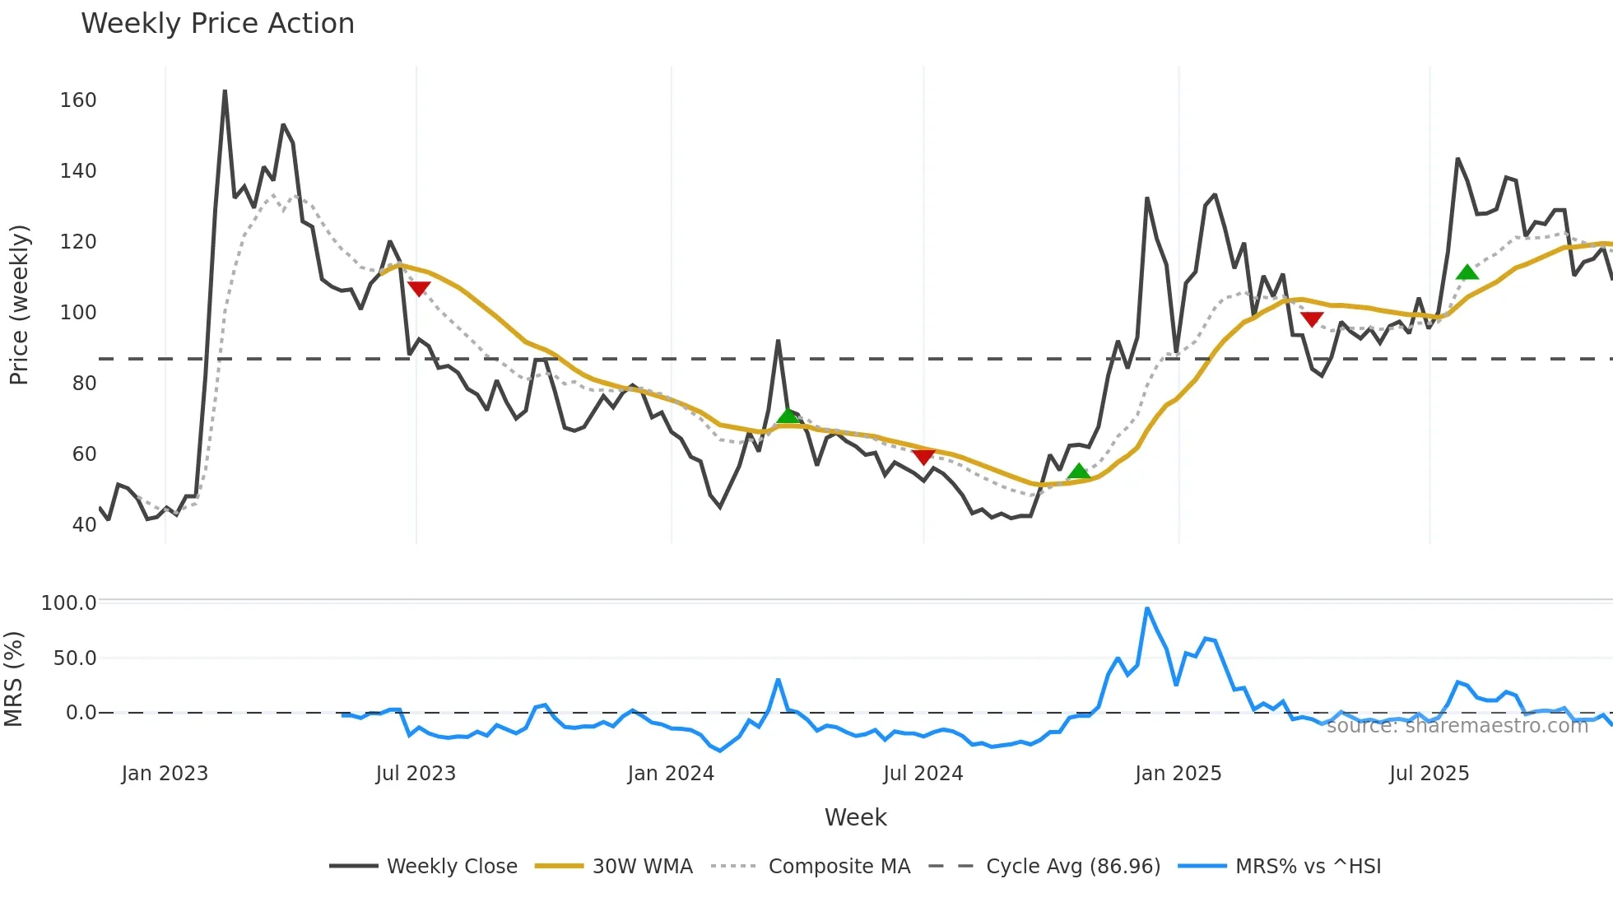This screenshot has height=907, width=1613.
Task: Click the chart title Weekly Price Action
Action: (217, 24)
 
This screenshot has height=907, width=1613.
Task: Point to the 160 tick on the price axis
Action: (78, 100)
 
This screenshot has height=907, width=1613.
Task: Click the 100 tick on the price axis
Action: (78, 313)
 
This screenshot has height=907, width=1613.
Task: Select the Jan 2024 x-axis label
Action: (671, 774)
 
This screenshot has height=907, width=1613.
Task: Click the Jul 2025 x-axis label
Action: (1429, 774)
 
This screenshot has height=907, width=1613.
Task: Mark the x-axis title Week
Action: (855, 817)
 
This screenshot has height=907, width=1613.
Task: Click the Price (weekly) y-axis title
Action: (19, 305)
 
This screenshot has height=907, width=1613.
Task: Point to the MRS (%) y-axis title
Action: (14, 679)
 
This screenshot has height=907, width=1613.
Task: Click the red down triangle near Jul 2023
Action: (419, 289)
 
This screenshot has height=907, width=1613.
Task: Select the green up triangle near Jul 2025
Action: (1467, 272)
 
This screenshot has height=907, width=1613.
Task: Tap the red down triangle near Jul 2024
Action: (923, 457)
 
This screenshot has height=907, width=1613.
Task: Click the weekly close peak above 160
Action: (225, 91)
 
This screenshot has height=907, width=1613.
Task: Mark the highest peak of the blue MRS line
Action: (1147, 609)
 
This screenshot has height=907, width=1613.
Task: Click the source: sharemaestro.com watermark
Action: (1457, 726)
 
